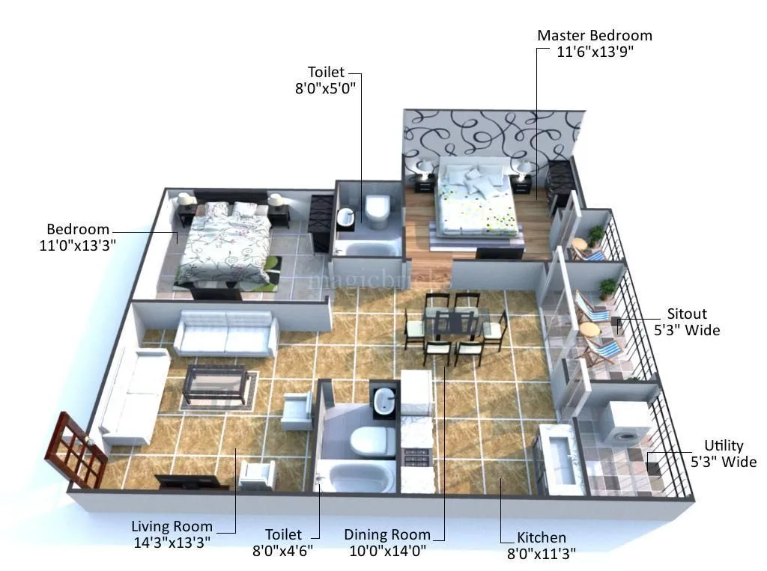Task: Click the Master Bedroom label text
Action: (595, 35)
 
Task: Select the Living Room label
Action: (172, 526)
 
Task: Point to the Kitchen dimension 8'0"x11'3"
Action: (542, 554)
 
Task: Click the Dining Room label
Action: (387, 534)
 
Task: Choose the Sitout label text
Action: (686, 314)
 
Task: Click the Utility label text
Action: (724, 447)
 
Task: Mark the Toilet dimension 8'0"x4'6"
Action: (283, 551)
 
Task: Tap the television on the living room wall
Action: (187, 483)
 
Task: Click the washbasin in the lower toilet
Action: (383, 401)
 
